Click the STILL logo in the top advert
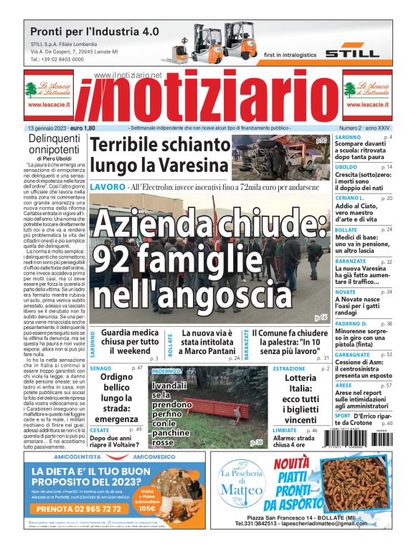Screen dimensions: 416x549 (x=351, y=53)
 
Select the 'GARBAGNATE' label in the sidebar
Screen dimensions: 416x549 (x=353, y=354)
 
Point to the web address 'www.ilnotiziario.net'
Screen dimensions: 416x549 (x=128, y=75)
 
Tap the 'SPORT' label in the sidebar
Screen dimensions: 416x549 (x=343, y=415)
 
